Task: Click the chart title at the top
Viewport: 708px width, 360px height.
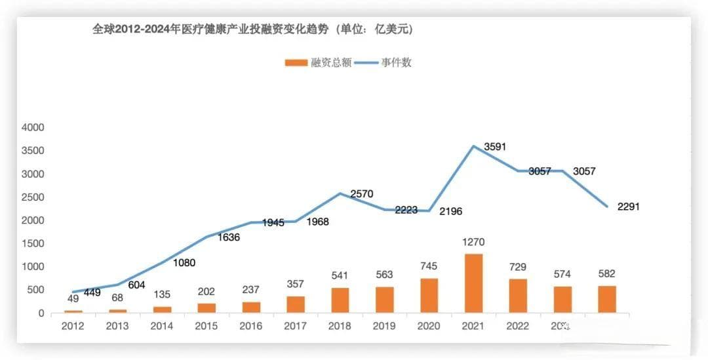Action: click(252, 30)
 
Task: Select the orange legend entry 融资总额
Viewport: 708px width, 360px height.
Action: click(319, 63)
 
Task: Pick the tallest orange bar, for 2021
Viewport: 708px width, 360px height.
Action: click(473, 283)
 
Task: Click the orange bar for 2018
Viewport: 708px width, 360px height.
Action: click(340, 300)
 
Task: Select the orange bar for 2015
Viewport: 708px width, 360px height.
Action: click(206, 308)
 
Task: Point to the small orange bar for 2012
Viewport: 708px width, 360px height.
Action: click(73, 311)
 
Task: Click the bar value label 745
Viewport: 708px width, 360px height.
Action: click(429, 266)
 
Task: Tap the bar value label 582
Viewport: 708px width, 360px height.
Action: click(606, 273)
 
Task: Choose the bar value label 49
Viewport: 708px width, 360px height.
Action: click(73, 298)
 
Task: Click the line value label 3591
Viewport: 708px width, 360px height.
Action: click(495, 148)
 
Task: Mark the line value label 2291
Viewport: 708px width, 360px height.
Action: click(628, 207)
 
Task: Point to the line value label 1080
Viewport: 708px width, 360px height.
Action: click(184, 263)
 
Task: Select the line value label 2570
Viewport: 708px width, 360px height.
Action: click(362, 193)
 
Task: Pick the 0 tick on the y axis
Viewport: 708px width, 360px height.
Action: click(41, 313)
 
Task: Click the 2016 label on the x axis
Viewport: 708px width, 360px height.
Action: click(250, 325)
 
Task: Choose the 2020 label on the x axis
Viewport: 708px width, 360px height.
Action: click(429, 325)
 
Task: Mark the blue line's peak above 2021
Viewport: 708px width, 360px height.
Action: click(473, 146)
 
